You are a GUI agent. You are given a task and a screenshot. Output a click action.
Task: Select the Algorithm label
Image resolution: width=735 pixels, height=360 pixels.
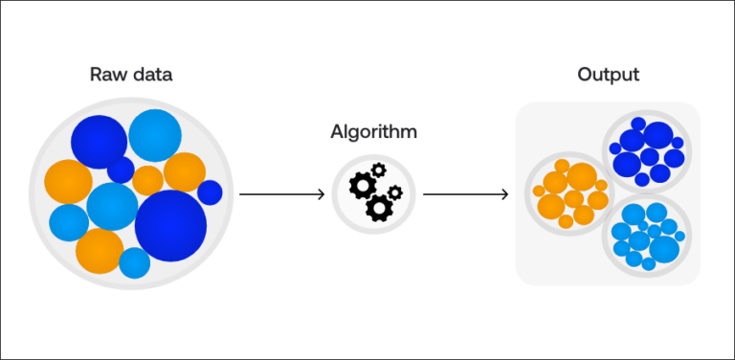point(373,131)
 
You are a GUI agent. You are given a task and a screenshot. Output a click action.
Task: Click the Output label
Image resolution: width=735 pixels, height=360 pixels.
point(608,74)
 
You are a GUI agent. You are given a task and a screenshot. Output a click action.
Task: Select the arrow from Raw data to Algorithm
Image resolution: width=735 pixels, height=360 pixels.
point(281,194)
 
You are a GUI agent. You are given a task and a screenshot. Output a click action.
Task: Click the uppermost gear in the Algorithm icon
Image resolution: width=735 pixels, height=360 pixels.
point(377,170)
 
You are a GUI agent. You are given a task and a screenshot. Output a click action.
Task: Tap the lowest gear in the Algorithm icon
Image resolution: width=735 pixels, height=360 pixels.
point(380,206)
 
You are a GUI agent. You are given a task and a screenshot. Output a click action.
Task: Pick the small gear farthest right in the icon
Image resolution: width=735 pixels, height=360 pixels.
point(395,192)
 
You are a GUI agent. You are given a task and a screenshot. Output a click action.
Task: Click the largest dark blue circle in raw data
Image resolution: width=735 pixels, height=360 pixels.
point(170,226)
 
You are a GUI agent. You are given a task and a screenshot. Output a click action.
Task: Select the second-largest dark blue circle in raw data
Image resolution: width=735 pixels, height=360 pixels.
point(99,139)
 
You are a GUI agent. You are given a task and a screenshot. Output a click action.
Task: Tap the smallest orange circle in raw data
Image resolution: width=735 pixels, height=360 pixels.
point(147,180)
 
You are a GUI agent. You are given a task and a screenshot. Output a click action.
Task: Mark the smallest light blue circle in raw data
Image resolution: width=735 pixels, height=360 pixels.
point(134,262)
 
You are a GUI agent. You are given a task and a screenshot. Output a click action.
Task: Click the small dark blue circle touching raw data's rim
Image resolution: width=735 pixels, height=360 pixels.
point(210,192)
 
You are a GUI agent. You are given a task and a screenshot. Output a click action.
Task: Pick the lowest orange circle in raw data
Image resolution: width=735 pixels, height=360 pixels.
point(100,250)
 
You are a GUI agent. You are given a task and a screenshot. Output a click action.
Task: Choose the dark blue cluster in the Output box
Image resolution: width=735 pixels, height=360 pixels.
point(646,150)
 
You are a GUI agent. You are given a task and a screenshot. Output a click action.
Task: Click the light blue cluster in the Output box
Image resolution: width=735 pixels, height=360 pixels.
point(646,236)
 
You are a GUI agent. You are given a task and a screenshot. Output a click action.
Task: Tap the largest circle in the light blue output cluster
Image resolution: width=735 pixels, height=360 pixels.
point(664,248)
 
